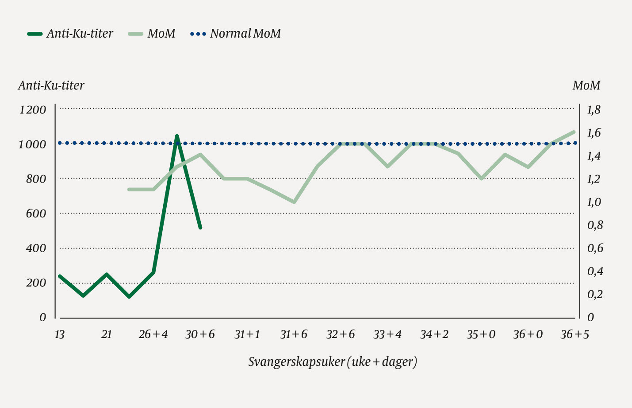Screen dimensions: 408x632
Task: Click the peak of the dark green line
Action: (177, 136)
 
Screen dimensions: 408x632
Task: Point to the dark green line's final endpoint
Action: (200, 228)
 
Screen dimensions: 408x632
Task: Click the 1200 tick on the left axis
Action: (32, 110)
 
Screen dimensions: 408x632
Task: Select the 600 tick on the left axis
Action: (35, 214)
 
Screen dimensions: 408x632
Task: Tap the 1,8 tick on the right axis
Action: (594, 110)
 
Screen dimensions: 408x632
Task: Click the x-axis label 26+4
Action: (153, 334)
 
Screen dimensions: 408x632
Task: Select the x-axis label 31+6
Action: (294, 334)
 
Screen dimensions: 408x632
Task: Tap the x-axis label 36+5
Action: (575, 334)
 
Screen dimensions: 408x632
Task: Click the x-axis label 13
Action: (59, 334)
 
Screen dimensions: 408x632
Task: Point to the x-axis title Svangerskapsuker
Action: (333, 362)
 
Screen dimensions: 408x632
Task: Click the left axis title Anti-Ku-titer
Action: (51, 85)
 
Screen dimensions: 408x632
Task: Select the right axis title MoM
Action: (586, 85)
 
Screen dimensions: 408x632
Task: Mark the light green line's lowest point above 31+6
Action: (294, 202)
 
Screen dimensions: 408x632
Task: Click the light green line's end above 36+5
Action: (574, 132)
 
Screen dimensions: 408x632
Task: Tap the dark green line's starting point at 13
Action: (60, 276)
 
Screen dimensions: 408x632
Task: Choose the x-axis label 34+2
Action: (434, 334)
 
